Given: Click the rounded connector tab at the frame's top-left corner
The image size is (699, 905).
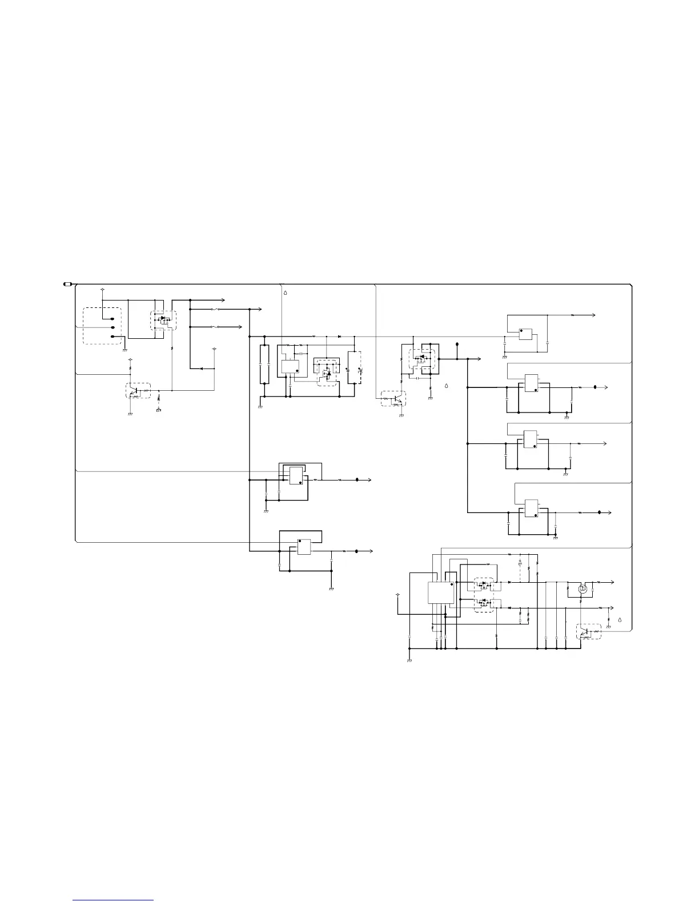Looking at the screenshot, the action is tap(67, 284).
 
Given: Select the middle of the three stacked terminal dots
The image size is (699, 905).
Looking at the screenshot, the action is tap(113, 327).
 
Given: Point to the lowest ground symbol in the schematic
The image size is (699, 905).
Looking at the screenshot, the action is tap(409, 660).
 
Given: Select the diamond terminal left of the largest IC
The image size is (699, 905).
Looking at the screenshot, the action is tap(397, 595).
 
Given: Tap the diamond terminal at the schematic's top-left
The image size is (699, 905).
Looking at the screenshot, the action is tap(102, 289).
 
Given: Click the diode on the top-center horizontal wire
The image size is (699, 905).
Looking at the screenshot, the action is tap(340, 336).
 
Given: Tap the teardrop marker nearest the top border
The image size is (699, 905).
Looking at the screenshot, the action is tap(286, 293).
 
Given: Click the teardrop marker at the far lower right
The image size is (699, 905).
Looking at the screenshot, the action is tap(620, 620).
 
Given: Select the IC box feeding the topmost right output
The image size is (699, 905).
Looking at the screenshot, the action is tap(525, 334).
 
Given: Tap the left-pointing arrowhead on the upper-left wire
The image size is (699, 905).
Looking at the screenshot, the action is tap(201, 369).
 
